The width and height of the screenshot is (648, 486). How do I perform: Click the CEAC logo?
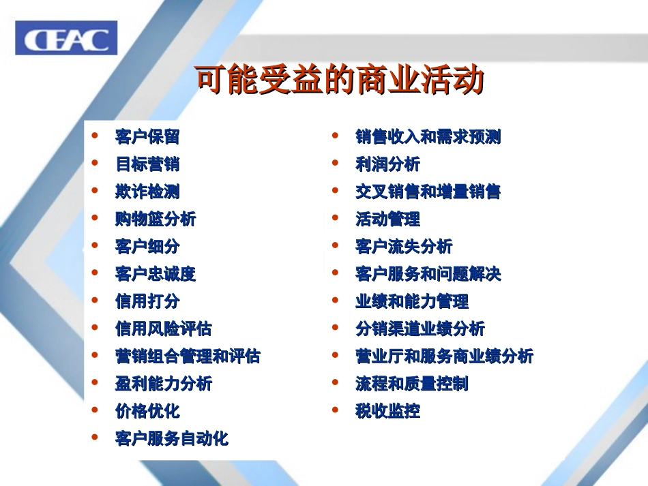click(66, 38)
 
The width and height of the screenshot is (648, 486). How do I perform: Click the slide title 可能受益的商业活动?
click(340, 80)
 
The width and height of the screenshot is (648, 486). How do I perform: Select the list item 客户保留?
click(147, 136)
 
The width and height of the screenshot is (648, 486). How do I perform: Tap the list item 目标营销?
click(147, 164)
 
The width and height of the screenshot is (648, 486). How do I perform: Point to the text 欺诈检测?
click(147, 192)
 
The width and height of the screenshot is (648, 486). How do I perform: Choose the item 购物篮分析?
click(156, 219)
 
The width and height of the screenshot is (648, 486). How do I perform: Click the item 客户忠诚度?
click(156, 274)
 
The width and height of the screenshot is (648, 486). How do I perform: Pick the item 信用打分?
click(147, 301)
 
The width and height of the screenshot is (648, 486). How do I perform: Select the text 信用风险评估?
click(164, 329)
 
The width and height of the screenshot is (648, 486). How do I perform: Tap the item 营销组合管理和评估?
click(188, 356)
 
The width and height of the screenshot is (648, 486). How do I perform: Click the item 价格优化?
click(147, 411)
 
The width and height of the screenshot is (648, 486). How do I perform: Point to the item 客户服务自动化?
click(172, 438)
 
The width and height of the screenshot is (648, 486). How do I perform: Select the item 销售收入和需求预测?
click(428, 136)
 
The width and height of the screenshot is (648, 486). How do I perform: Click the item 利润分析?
click(387, 164)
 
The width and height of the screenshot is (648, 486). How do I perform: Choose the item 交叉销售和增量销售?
click(428, 192)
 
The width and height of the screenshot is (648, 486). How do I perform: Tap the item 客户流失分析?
click(404, 246)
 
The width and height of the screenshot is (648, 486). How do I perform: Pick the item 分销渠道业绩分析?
click(420, 329)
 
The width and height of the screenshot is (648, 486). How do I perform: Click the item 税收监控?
click(387, 411)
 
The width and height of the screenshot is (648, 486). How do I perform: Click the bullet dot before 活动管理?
click(336, 218)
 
